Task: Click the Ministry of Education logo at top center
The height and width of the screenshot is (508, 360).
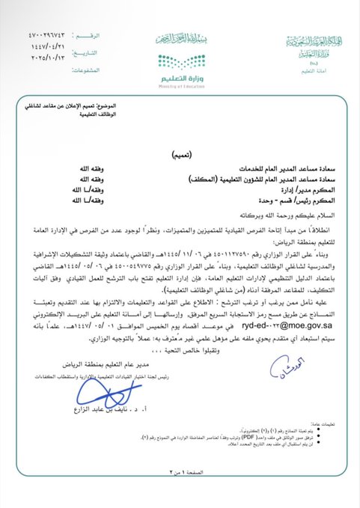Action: [x=180, y=67]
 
